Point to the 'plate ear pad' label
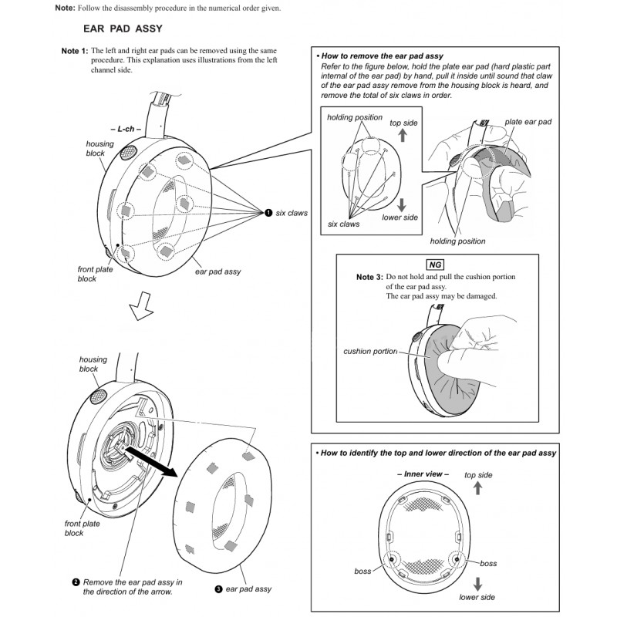coord(528,122)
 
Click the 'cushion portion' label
coord(370,352)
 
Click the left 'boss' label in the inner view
coord(362,571)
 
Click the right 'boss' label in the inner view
coord(489,564)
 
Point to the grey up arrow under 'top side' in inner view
coord(479,488)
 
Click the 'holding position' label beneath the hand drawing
coord(459,241)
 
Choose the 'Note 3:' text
coord(369,276)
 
